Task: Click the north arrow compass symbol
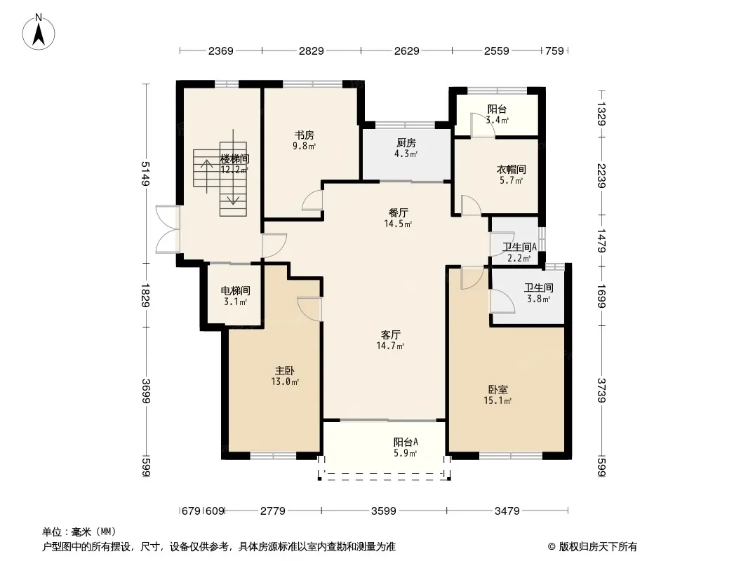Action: click(x=39, y=32)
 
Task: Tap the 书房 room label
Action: click(x=304, y=135)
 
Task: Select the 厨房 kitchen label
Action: click(x=406, y=143)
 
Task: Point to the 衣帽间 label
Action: click(x=511, y=169)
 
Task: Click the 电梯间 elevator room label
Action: click(x=235, y=291)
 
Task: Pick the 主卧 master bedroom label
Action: click(x=284, y=370)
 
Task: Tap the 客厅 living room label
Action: click(x=390, y=334)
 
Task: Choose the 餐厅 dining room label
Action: click(x=398, y=212)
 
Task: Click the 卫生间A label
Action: click(x=519, y=247)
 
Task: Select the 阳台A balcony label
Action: click(x=406, y=442)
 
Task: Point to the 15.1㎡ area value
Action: click(x=497, y=401)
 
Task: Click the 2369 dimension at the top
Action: click(x=221, y=50)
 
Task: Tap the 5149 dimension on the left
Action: click(x=146, y=173)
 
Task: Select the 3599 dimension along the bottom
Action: click(x=384, y=511)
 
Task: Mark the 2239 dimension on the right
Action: click(x=601, y=176)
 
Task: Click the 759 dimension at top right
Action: click(x=554, y=50)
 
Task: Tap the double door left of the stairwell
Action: click(x=168, y=229)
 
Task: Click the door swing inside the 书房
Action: click(x=312, y=200)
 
